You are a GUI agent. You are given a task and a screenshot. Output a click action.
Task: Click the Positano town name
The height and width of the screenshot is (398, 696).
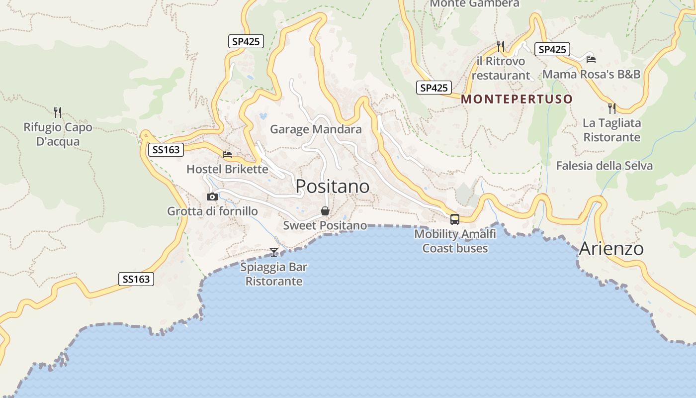pos(333,187)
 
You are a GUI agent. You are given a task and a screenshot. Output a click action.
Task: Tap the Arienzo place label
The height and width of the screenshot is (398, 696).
pos(611,248)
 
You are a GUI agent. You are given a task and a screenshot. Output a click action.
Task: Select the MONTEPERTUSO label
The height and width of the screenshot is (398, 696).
pos(517,99)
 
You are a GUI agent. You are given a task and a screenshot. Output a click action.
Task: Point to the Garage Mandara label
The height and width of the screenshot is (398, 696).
pos(316,130)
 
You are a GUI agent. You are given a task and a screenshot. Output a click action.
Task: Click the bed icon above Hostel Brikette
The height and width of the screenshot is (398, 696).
pos(227,155)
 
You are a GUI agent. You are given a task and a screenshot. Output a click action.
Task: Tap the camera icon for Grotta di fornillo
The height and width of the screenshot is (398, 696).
pos(212,197)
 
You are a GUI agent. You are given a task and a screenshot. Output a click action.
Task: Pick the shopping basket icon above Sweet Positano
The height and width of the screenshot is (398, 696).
pos(325,211)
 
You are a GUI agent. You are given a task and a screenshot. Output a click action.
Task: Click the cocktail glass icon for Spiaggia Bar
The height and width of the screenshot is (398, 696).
pos(274,252)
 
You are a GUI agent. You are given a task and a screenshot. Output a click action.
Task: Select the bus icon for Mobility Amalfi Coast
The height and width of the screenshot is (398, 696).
pos(454,219)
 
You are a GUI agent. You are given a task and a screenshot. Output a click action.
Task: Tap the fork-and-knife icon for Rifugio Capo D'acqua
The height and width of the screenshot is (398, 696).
pos(58,112)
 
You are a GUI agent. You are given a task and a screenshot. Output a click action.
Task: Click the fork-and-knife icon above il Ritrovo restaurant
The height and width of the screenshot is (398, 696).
pos(501,46)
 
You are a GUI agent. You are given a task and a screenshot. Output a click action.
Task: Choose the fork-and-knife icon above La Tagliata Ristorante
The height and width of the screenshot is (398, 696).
pos(612,108)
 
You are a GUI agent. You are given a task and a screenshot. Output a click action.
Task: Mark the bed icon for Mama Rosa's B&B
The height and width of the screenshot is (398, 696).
pos(591,60)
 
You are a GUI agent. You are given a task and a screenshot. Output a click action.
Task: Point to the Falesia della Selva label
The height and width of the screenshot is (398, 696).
pos(604,166)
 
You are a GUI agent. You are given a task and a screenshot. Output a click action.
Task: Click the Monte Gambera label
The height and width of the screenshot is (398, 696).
pos(474,3)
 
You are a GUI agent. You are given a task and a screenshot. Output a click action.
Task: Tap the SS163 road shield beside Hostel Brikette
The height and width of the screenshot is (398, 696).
pos(166,149)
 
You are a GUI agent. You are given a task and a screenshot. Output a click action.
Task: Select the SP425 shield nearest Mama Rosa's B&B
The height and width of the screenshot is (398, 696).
pos(552,49)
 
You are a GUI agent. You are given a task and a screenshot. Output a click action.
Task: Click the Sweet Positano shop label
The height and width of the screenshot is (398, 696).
pos(325,225)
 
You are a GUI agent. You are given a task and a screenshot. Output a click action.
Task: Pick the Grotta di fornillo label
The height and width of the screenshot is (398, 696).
pos(212,211)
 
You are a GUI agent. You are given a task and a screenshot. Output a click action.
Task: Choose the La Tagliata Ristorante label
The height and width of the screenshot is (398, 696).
pos(611,130)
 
